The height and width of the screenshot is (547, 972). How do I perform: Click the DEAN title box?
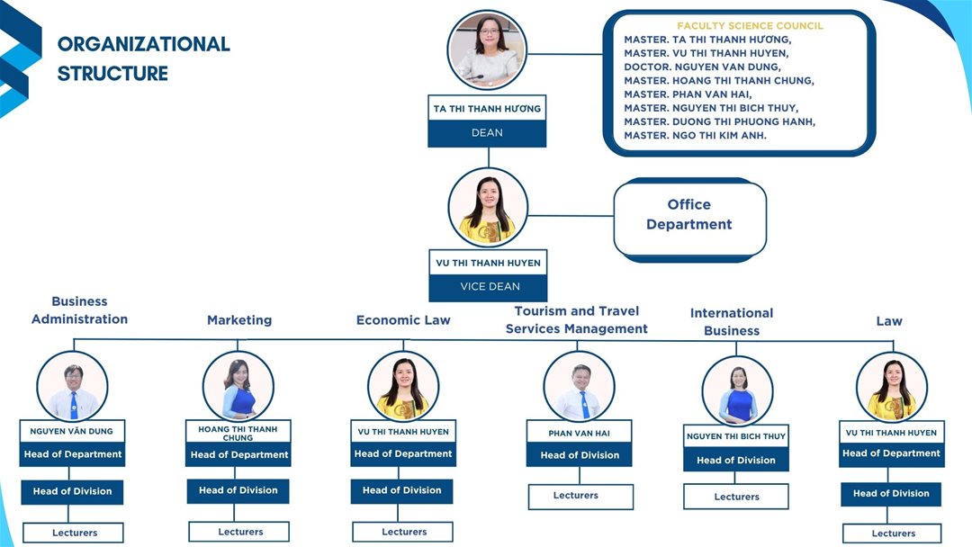tap(487, 133)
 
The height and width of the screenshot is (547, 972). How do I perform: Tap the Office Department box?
tap(689, 216)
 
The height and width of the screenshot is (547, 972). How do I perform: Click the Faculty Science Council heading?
tap(750, 26)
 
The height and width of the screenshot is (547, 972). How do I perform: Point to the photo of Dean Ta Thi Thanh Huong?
tap(487, 50)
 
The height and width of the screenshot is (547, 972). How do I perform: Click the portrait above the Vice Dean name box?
tap(488, 207)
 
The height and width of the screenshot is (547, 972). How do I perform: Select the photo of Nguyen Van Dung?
tap(73, 386)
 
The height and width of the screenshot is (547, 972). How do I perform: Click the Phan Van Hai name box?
tap(579, 433)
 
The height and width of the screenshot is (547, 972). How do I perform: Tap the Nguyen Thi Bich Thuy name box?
tap(736, 436)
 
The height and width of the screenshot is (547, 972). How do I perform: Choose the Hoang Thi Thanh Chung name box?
tap(238, 433)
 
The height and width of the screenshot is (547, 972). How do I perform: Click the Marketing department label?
tap(239, 320)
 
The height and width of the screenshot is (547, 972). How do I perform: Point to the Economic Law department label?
tap(403, 320)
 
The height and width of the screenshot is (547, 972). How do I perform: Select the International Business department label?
tap(732, 322)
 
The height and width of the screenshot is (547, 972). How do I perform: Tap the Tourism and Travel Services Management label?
tap(577, 320)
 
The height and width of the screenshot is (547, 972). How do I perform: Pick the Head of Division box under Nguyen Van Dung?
tap(72, 491)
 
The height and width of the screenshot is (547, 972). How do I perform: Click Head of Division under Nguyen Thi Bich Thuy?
tap(736, 460)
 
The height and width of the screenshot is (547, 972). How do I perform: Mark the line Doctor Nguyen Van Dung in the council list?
tap(703, 67)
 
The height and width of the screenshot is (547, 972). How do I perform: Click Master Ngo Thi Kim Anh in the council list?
tap(696, 135)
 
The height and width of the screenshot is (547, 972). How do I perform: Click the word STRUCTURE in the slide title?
tap(112, 74)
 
